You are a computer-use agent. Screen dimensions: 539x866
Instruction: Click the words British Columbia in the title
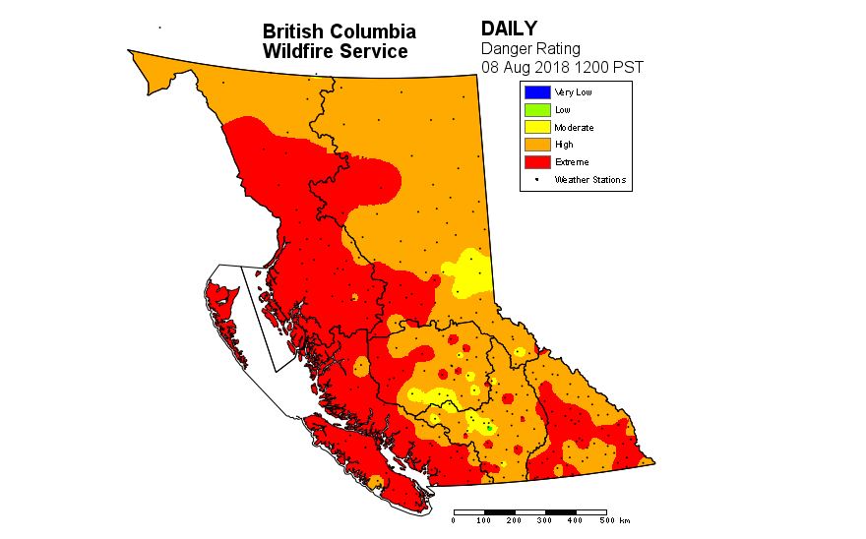pyautogui.click(x=339, y=32)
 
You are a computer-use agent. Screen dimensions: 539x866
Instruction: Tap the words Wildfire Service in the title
pyautogui.click(x=335, y=51)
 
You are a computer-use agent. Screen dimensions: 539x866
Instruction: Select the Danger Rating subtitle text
pyautogui.click(x=530, y=48)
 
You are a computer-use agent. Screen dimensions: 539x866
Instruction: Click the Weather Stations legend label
pyautogui.click(x=589, y=180)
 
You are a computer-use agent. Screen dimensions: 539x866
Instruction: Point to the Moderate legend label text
pyautogui.click(x=574, y=128)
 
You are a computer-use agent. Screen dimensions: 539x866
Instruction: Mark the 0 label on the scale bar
pyautogui.click(x=454, y=520)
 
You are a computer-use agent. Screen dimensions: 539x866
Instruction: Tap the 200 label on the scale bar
pyautogui.click(x=515, y=520)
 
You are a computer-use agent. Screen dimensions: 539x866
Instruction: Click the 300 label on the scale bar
pyautogui.click(x=545, y=520)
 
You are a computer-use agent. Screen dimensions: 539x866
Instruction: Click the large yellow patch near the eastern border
pyautogui.click(x=469, y=272)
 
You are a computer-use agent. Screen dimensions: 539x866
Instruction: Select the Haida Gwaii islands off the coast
pyautogui.click(x=224, y=310)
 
